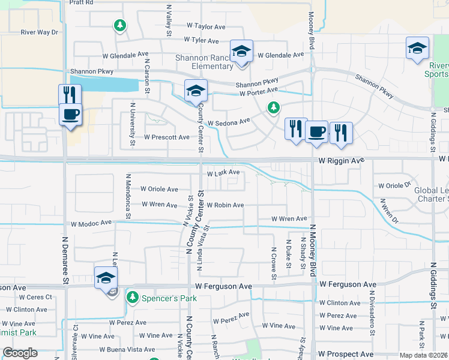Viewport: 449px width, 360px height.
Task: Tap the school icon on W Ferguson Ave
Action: pos(106,277)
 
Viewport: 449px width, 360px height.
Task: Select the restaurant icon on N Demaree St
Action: pos(70,95)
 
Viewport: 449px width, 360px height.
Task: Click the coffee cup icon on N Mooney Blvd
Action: pos(316,131)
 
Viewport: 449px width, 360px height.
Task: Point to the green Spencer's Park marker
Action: pos(133,298)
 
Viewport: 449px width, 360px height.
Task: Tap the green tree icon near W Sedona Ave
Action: pos(273,107)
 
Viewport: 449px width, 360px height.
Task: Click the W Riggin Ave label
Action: pos(342,161)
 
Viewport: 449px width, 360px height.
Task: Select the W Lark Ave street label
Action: pos(223,173)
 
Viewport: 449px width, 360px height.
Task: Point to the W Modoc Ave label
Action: pos(91,223)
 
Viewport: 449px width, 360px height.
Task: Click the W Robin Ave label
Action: pos(225,205)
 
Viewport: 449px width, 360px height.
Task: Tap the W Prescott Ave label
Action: pos(167,137)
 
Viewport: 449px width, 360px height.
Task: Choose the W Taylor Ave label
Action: pos(206,26)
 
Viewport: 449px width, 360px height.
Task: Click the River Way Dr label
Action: pos(39,32)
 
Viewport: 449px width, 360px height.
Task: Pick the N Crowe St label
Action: pos(273,263)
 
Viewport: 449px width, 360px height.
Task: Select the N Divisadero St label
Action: pos(372,317)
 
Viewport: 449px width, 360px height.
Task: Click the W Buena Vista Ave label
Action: pos(127,349)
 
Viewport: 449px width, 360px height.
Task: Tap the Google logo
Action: pos(20,353)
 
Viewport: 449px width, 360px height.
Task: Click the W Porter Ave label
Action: pos(258,92)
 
